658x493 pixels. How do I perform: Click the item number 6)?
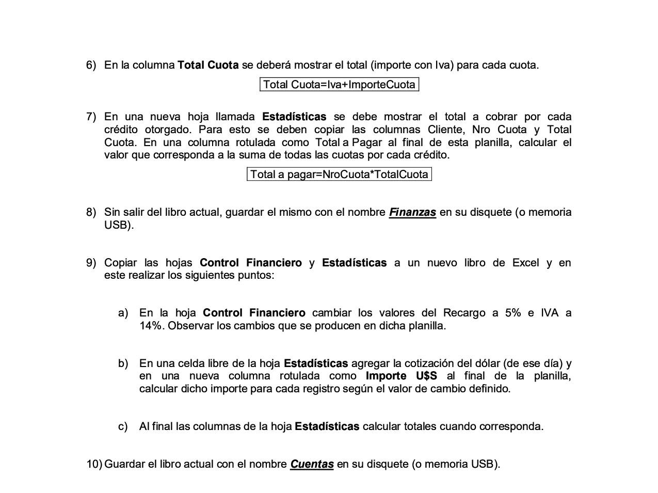pyautogui.click(x=91, y=65)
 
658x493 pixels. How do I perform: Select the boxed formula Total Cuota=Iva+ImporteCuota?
pyautogui.click(x=339, y=85)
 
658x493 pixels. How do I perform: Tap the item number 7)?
pyautogui.click(x=91, y=117)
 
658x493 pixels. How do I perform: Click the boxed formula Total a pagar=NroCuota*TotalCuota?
pyautogui.click(x=339, y=174)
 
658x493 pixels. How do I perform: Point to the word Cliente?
pyautogui.click(x=446, y=130)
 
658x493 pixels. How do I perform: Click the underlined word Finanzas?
pyautogui.click(x=412, y=212)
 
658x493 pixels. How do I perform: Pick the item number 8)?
pyautogui.click(x=91, y=212)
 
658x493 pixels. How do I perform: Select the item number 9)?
pyautogui.click(x=91, y=263)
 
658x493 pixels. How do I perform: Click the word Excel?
pyautogui.click(x=525, y=263)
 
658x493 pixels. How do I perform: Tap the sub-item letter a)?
pyautogui.click(x=123, y=313)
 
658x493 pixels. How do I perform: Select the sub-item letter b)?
pyautogui.click(x=123, y=363)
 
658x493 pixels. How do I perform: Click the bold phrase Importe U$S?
pyautogui.click(x=401, y=376)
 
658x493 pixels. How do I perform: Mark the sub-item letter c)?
pyautogui.click(x=123, y=426)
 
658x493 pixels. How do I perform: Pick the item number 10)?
pyautogui.click(x=94, y=464)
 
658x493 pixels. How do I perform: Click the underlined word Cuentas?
pyautogui.click(x=312, y=464)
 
